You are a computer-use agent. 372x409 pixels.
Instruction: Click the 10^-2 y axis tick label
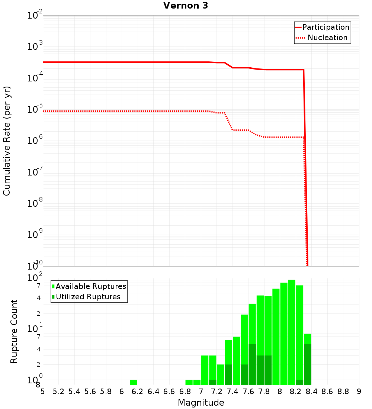coord(35,15)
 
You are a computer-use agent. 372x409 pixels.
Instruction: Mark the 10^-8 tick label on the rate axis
coord(35,203)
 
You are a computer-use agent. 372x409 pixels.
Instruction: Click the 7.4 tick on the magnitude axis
coord(232,392)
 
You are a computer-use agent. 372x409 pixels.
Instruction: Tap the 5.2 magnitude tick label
coord(59,392)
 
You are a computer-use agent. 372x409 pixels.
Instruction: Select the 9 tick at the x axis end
coord(359,392)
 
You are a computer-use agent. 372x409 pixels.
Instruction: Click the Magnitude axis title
coord(201,403)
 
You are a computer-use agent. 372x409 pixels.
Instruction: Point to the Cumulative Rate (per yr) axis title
coord(7,141)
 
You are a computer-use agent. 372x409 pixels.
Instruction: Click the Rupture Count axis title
coord(14,331)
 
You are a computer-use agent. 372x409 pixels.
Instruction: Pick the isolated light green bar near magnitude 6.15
coord(134,382)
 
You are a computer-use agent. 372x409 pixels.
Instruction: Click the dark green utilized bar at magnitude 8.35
coord(308,364)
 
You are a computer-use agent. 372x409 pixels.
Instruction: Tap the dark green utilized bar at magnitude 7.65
coord(252,364)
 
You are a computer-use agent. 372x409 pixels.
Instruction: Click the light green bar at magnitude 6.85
coord(189,382)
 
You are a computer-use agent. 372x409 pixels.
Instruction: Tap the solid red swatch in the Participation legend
coord(298,27)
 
